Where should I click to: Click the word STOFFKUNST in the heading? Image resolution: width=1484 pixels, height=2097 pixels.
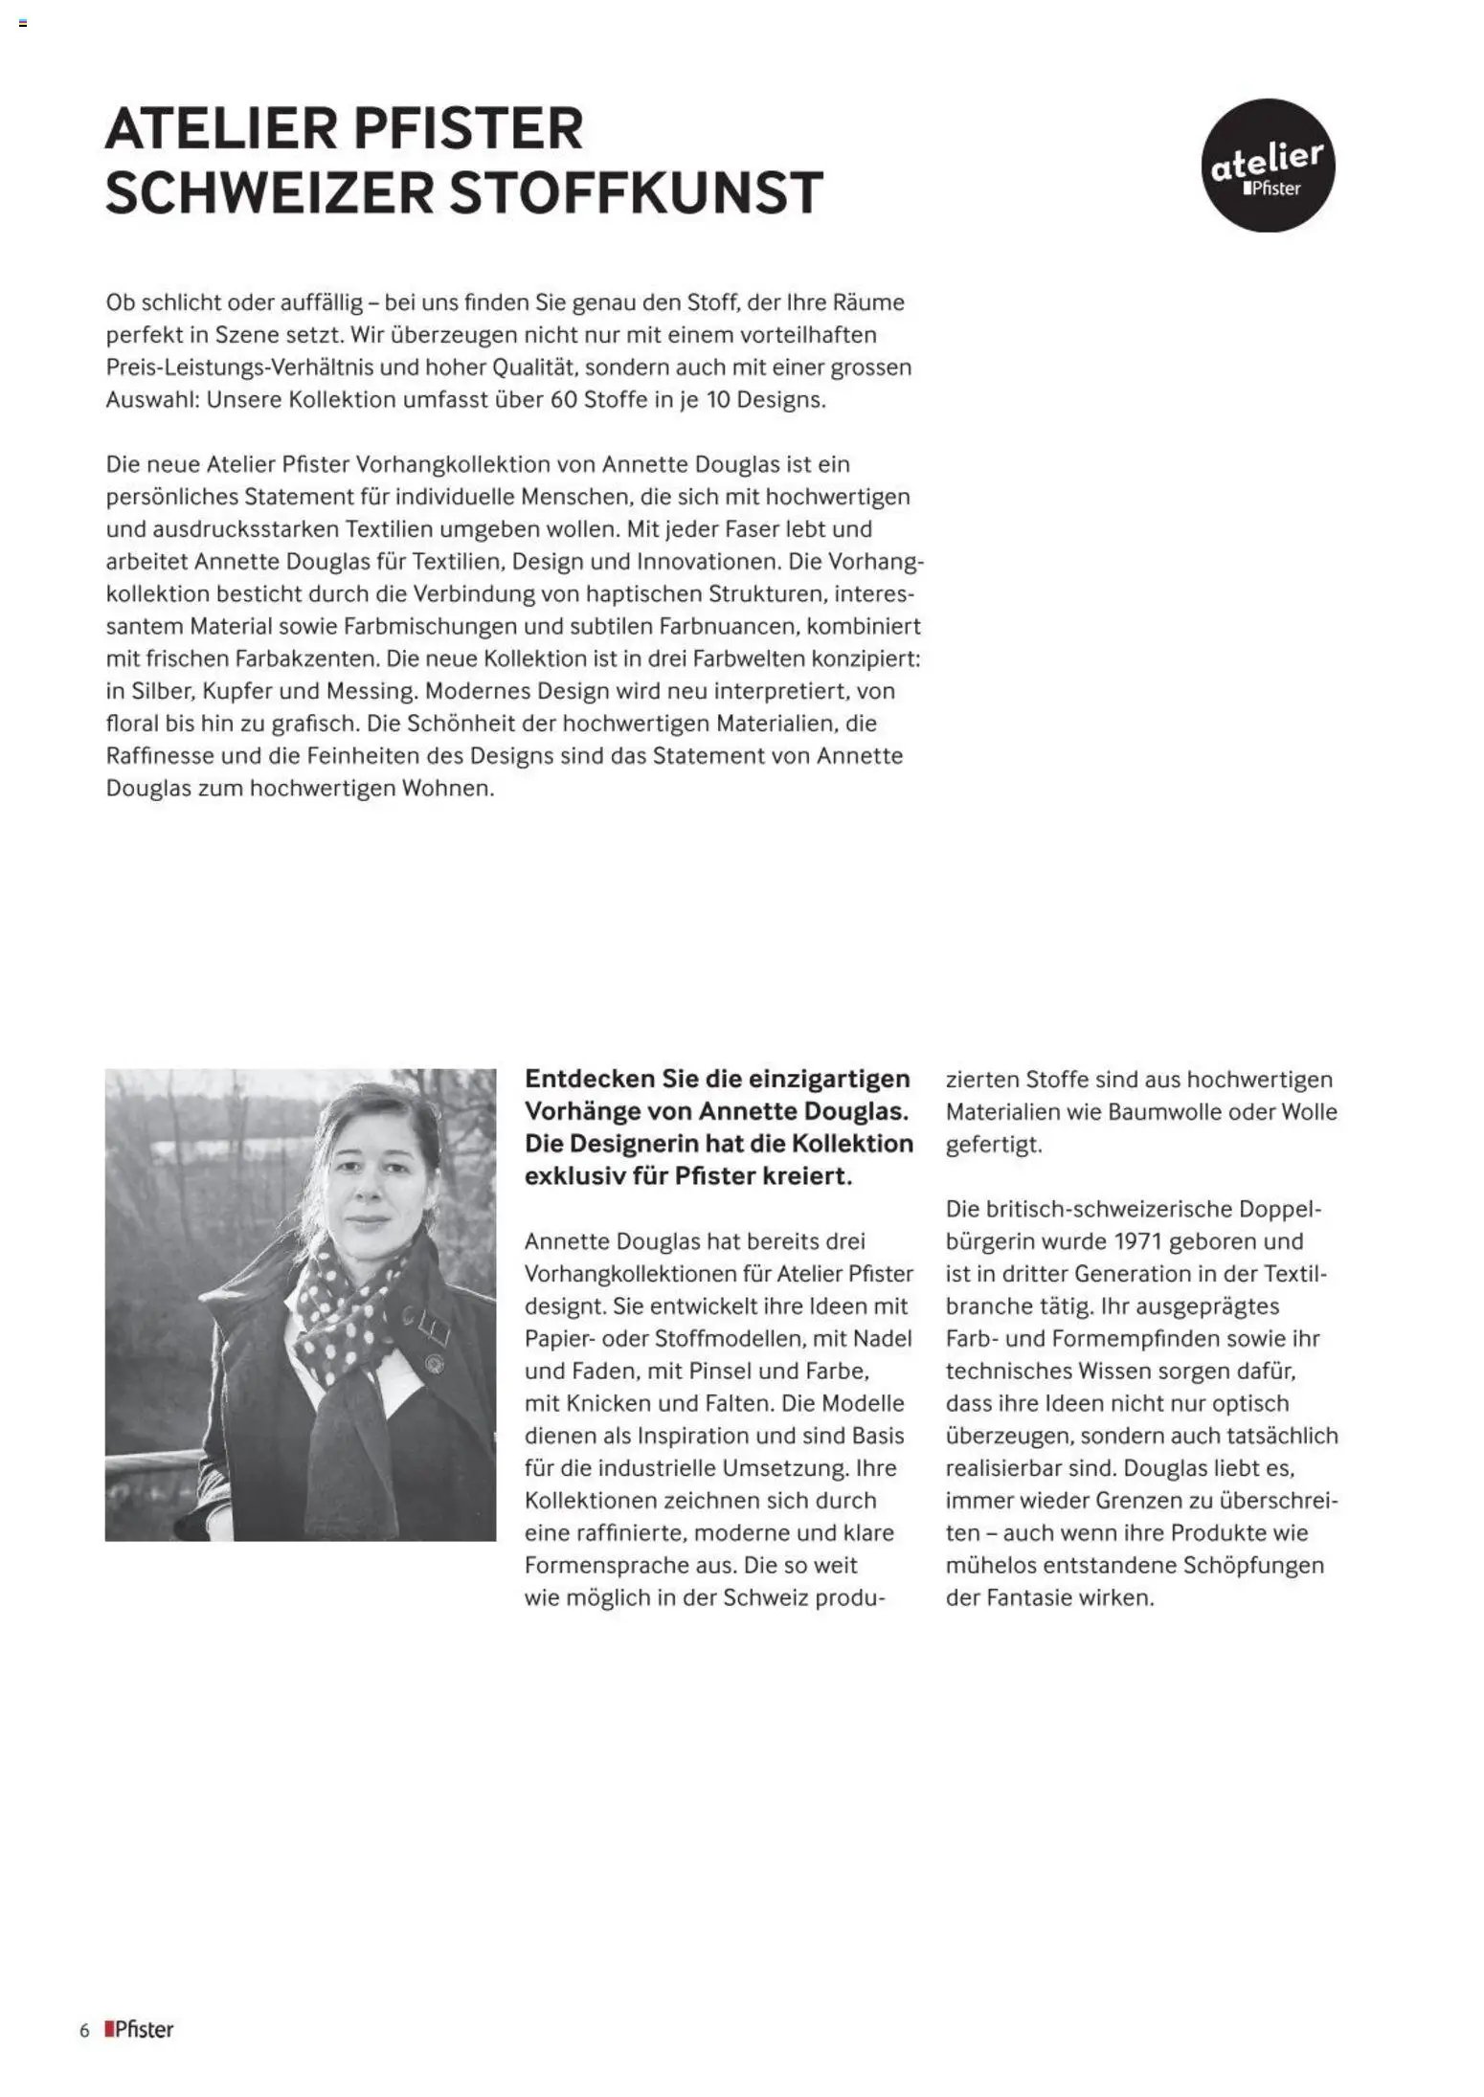pos(636,192)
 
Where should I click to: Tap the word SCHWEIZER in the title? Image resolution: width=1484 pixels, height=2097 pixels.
pos(268,192)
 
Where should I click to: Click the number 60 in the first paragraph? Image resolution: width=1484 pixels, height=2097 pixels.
pos(563,399)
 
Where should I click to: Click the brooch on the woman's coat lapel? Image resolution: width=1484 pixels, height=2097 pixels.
pos(435,1359)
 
